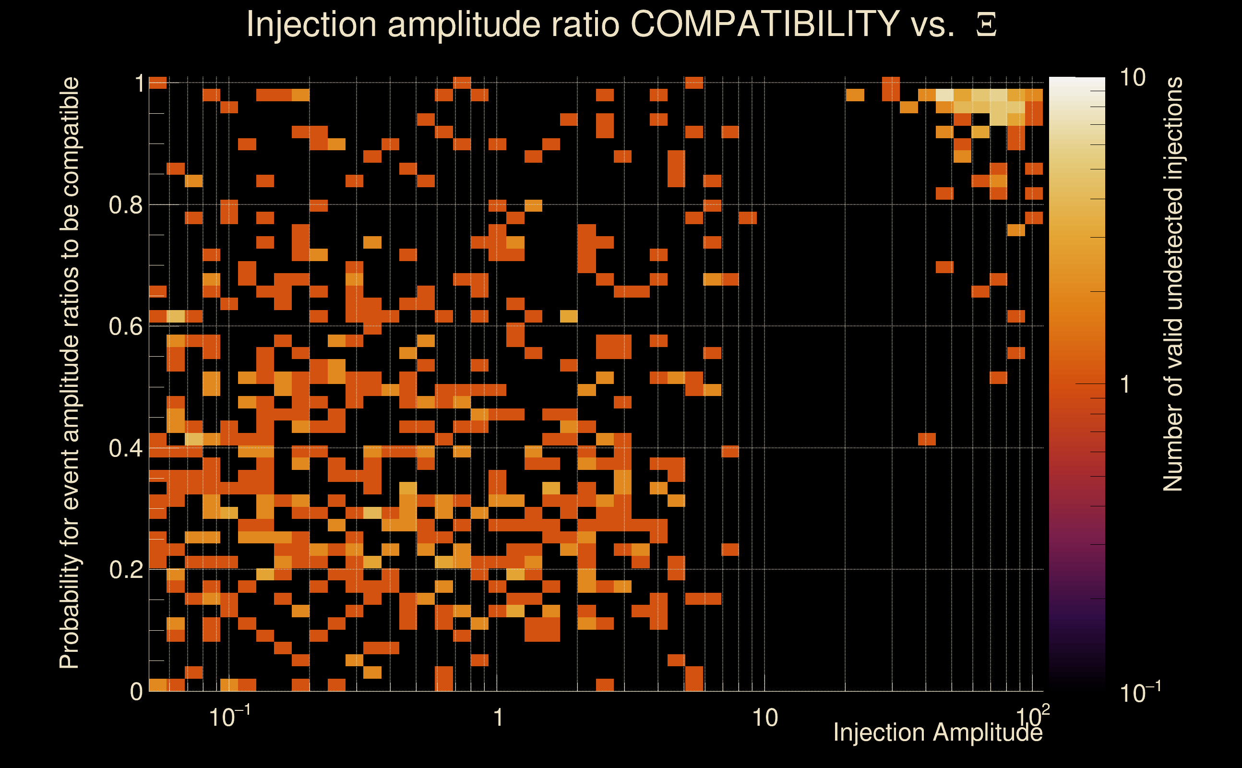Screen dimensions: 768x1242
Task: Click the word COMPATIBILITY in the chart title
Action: point(764,24)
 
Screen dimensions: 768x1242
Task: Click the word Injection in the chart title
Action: point(311,24)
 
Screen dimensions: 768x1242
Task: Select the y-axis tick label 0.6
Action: point(125,326)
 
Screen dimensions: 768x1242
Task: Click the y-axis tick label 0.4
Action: point(125,448)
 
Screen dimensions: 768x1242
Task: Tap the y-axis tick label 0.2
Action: point(125,569)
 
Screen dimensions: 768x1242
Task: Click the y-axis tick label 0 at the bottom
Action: point(136,692)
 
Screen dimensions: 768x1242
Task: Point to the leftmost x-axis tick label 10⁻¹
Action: point(229,717)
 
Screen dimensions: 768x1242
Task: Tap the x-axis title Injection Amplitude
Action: point(938,733)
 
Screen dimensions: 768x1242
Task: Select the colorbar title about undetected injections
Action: point(1173,285)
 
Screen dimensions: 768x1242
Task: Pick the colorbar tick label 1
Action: point(1125,384)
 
